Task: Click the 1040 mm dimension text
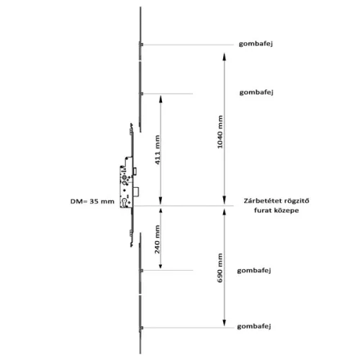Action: [220, 132]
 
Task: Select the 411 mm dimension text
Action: [157, 150]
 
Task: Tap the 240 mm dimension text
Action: [157, 239]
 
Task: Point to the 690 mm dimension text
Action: [220, 268]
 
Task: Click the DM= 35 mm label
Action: [92, 202]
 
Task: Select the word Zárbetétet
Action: [260, 201]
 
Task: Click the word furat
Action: [262, 210]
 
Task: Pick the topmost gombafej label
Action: [256, 44]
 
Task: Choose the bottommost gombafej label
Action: [254, 327]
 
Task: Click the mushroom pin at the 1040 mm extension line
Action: [141, 45]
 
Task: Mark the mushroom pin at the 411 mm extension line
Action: [141, 94]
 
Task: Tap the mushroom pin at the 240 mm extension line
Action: [141, 271]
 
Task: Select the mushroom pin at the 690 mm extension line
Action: [141, 328]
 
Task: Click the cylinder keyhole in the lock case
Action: [125, 202]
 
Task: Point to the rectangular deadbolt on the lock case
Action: [137, 192]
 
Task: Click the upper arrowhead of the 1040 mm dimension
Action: [224, 57]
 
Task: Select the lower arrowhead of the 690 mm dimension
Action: [224, 323]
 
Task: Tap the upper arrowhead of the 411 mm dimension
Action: [161, 99]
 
